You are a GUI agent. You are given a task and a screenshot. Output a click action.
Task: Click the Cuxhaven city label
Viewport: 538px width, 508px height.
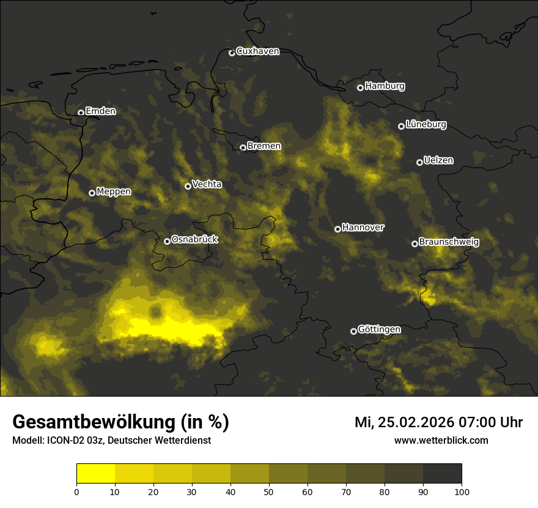click(257, 51)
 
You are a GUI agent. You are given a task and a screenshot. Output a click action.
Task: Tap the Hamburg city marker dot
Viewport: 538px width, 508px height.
click(360, 88)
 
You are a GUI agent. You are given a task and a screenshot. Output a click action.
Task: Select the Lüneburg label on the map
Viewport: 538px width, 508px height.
click(426, 125)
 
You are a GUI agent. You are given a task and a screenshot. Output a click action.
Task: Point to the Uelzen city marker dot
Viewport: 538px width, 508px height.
click(419, 162)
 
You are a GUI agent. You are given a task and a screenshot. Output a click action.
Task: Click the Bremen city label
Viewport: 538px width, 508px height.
click(264, 146)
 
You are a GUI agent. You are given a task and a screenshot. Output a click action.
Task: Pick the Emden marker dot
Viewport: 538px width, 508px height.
click(81, 113)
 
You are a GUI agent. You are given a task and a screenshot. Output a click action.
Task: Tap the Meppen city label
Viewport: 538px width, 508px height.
click(114, 192)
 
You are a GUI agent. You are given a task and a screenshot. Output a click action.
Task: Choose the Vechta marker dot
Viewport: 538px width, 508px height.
click(188, 186)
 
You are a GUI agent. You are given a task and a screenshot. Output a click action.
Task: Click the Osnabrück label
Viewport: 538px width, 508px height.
click(194, 240)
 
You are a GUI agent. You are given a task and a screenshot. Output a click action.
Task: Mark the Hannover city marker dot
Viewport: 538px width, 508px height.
click(337, 229)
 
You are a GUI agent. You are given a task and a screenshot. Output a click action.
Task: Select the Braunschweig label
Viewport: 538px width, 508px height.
click(449, 242)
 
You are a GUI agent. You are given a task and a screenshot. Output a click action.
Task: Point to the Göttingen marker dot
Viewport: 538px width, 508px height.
click(353, 331)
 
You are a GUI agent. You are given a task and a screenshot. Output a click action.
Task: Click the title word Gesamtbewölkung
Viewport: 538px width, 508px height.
click(92, 422)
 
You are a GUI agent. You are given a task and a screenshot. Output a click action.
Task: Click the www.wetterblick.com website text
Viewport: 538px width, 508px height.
click(441, 441)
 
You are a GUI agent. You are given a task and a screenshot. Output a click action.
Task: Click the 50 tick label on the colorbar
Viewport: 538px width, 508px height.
click(269, 491)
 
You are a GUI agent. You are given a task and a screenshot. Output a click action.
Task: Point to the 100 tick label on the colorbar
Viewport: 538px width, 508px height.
click(462, 491)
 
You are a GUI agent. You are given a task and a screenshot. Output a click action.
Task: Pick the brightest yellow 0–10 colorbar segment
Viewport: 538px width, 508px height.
click(96, 474)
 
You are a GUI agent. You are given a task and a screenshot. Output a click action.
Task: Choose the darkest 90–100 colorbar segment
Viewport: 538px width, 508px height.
click(442, 474)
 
